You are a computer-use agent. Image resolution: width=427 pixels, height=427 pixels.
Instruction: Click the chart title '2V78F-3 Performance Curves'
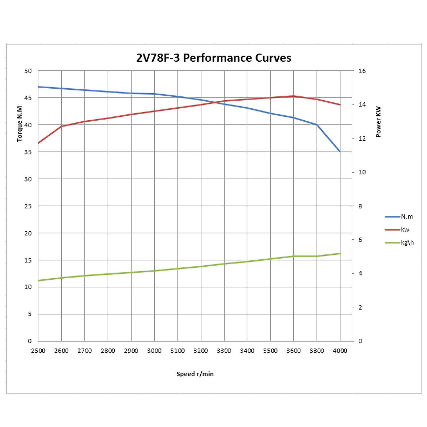pyautogui.click(x=213, y=58)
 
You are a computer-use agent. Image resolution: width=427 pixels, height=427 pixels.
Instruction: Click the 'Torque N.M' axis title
pyautogui.click(x=19, y=124)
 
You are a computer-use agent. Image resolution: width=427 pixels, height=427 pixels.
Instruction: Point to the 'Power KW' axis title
pyautogui.click(x=378, y=122)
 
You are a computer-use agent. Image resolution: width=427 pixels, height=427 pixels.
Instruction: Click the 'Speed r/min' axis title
pyautogui.click(x=195, y=374)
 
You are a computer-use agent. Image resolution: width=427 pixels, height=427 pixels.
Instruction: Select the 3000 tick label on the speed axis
pyautogui.click(x=154, y=351)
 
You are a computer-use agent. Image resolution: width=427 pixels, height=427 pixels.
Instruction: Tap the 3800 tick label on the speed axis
pyautogui.click(x=317, y=351)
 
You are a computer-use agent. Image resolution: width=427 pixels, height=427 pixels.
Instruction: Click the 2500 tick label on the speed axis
pyautogui.click(x=38, y=351)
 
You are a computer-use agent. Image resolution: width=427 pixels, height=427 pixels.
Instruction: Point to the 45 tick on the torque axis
pyautogui.click(x=28, y=98)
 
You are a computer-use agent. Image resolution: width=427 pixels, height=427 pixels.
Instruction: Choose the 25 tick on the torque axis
pyautogui.click(x=28, y=206)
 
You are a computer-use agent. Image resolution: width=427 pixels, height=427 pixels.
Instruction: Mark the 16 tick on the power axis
pyautogui.click(x=362, y=71)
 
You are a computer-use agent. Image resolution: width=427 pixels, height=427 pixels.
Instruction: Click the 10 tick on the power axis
pyautogui.click(x=362, y=172)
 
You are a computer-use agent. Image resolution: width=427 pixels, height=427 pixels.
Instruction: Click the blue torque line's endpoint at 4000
pyautogui.click(x=340, y=152)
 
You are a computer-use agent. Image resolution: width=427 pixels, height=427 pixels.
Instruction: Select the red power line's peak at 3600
pyautogui.click(x=294, y=96)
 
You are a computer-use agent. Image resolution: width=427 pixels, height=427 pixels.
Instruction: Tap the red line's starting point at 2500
pyautogui.click(x=38, y=143)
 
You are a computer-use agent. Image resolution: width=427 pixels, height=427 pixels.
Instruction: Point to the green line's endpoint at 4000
pyautogui.click(x=340, y=254)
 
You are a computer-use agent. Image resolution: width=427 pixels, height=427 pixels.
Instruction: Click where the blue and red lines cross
pyautogui.click(x=215, y=102)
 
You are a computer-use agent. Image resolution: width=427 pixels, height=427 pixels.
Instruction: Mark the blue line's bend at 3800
pyautogui.click(x=317, y=125)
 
